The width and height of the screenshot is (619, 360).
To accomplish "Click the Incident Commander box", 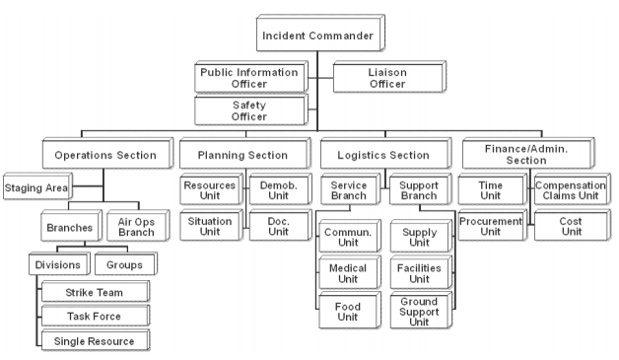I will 317,36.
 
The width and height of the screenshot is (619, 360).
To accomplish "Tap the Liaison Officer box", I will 374,78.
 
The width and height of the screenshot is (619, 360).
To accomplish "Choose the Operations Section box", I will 105,155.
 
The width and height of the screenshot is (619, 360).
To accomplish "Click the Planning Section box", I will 241,155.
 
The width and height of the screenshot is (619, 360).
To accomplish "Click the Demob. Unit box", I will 270,187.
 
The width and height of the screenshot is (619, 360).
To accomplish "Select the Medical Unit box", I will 346,273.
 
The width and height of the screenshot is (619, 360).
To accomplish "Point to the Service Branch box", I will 350,190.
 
